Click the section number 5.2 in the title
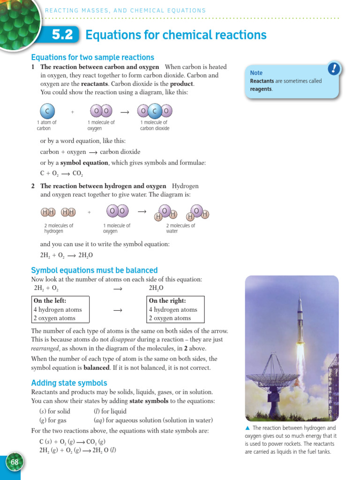click(x=63, y=35)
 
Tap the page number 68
click(x=15, y=462)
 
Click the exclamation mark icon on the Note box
click(x=333, y=69)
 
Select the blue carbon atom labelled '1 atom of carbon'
click(x=47, y=111)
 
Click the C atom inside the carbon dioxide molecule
click(x=155, y=111)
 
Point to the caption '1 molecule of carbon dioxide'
click(x=155, y=125)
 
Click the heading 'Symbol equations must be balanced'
click(x=94, y=270)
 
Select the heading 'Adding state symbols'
click(x=69, y=383)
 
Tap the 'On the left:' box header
click(x=50, y=301)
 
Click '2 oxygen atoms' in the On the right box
click(x=170, y=318)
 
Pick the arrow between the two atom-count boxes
click(x=118, y=310)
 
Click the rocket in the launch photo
click(x=300, y=319)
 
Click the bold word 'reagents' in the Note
click(x=261, y=89)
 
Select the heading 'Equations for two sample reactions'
click(x=92, y=57)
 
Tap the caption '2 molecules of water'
click(x=180, y=228)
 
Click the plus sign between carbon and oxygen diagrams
click(x=73, y=112)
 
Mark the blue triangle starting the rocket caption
click(x=247, y=428)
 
